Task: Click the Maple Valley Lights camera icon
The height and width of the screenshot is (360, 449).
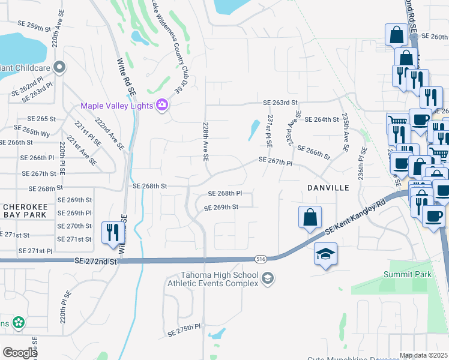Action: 161,106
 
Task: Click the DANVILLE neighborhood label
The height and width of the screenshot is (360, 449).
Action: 328,188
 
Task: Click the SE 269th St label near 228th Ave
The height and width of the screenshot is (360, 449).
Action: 221,208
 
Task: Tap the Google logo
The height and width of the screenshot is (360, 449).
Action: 20,352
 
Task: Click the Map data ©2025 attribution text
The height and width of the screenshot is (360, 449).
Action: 424,355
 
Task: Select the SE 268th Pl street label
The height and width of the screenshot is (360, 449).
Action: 224,194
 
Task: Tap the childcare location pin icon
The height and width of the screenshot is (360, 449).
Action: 59,67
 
